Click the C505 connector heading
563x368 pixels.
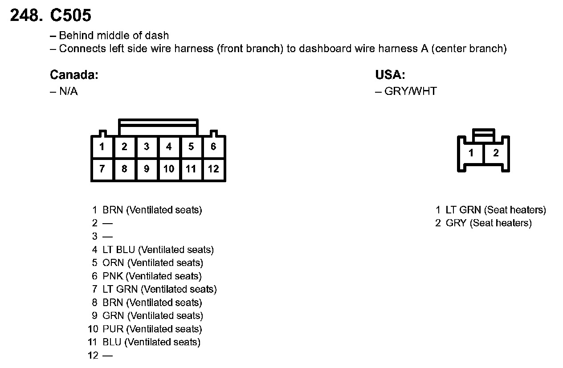click(70, 16)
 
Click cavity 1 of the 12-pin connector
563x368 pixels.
click(102, 147)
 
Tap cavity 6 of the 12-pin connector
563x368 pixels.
click(213, 147)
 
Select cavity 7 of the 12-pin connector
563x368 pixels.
click(102, 169)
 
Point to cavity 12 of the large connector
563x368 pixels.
click(213, 169)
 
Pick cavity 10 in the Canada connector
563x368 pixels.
click(169, 169)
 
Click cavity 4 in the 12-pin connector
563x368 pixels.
click(169, 147)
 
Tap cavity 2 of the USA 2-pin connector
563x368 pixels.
click(496, 153)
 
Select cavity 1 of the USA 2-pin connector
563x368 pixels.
click(471, 153)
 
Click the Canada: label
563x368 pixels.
click(74, 75)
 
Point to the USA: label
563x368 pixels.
click(390, 75)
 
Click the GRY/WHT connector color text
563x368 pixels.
click(410, 91)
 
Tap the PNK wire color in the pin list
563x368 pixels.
click(113, 276)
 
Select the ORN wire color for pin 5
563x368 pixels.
click(113, 263)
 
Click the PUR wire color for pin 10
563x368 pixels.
click(113, 329)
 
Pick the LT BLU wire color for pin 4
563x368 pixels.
click(119, 250)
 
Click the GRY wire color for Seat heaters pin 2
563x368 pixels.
click(456, 223)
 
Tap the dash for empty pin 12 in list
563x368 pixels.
click(107, 356)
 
